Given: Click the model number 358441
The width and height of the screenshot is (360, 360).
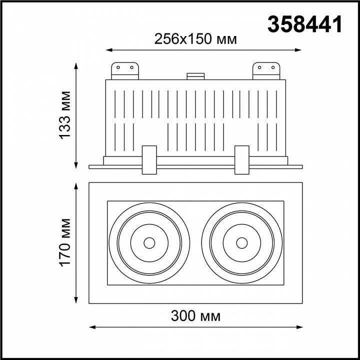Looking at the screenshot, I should (305, 23).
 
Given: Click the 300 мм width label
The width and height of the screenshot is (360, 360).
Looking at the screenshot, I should (195, 316).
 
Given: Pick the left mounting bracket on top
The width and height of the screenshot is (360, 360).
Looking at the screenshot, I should (124, 70).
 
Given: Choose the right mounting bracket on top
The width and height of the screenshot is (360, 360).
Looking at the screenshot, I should (266, 70).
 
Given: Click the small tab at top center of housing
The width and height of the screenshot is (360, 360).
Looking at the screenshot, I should (195, 76).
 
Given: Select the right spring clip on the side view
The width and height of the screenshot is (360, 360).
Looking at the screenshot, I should (241, 160).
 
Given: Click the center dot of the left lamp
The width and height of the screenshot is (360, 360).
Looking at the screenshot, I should (149, 243).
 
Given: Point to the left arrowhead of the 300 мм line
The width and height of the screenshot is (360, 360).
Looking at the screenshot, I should (91, 327).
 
